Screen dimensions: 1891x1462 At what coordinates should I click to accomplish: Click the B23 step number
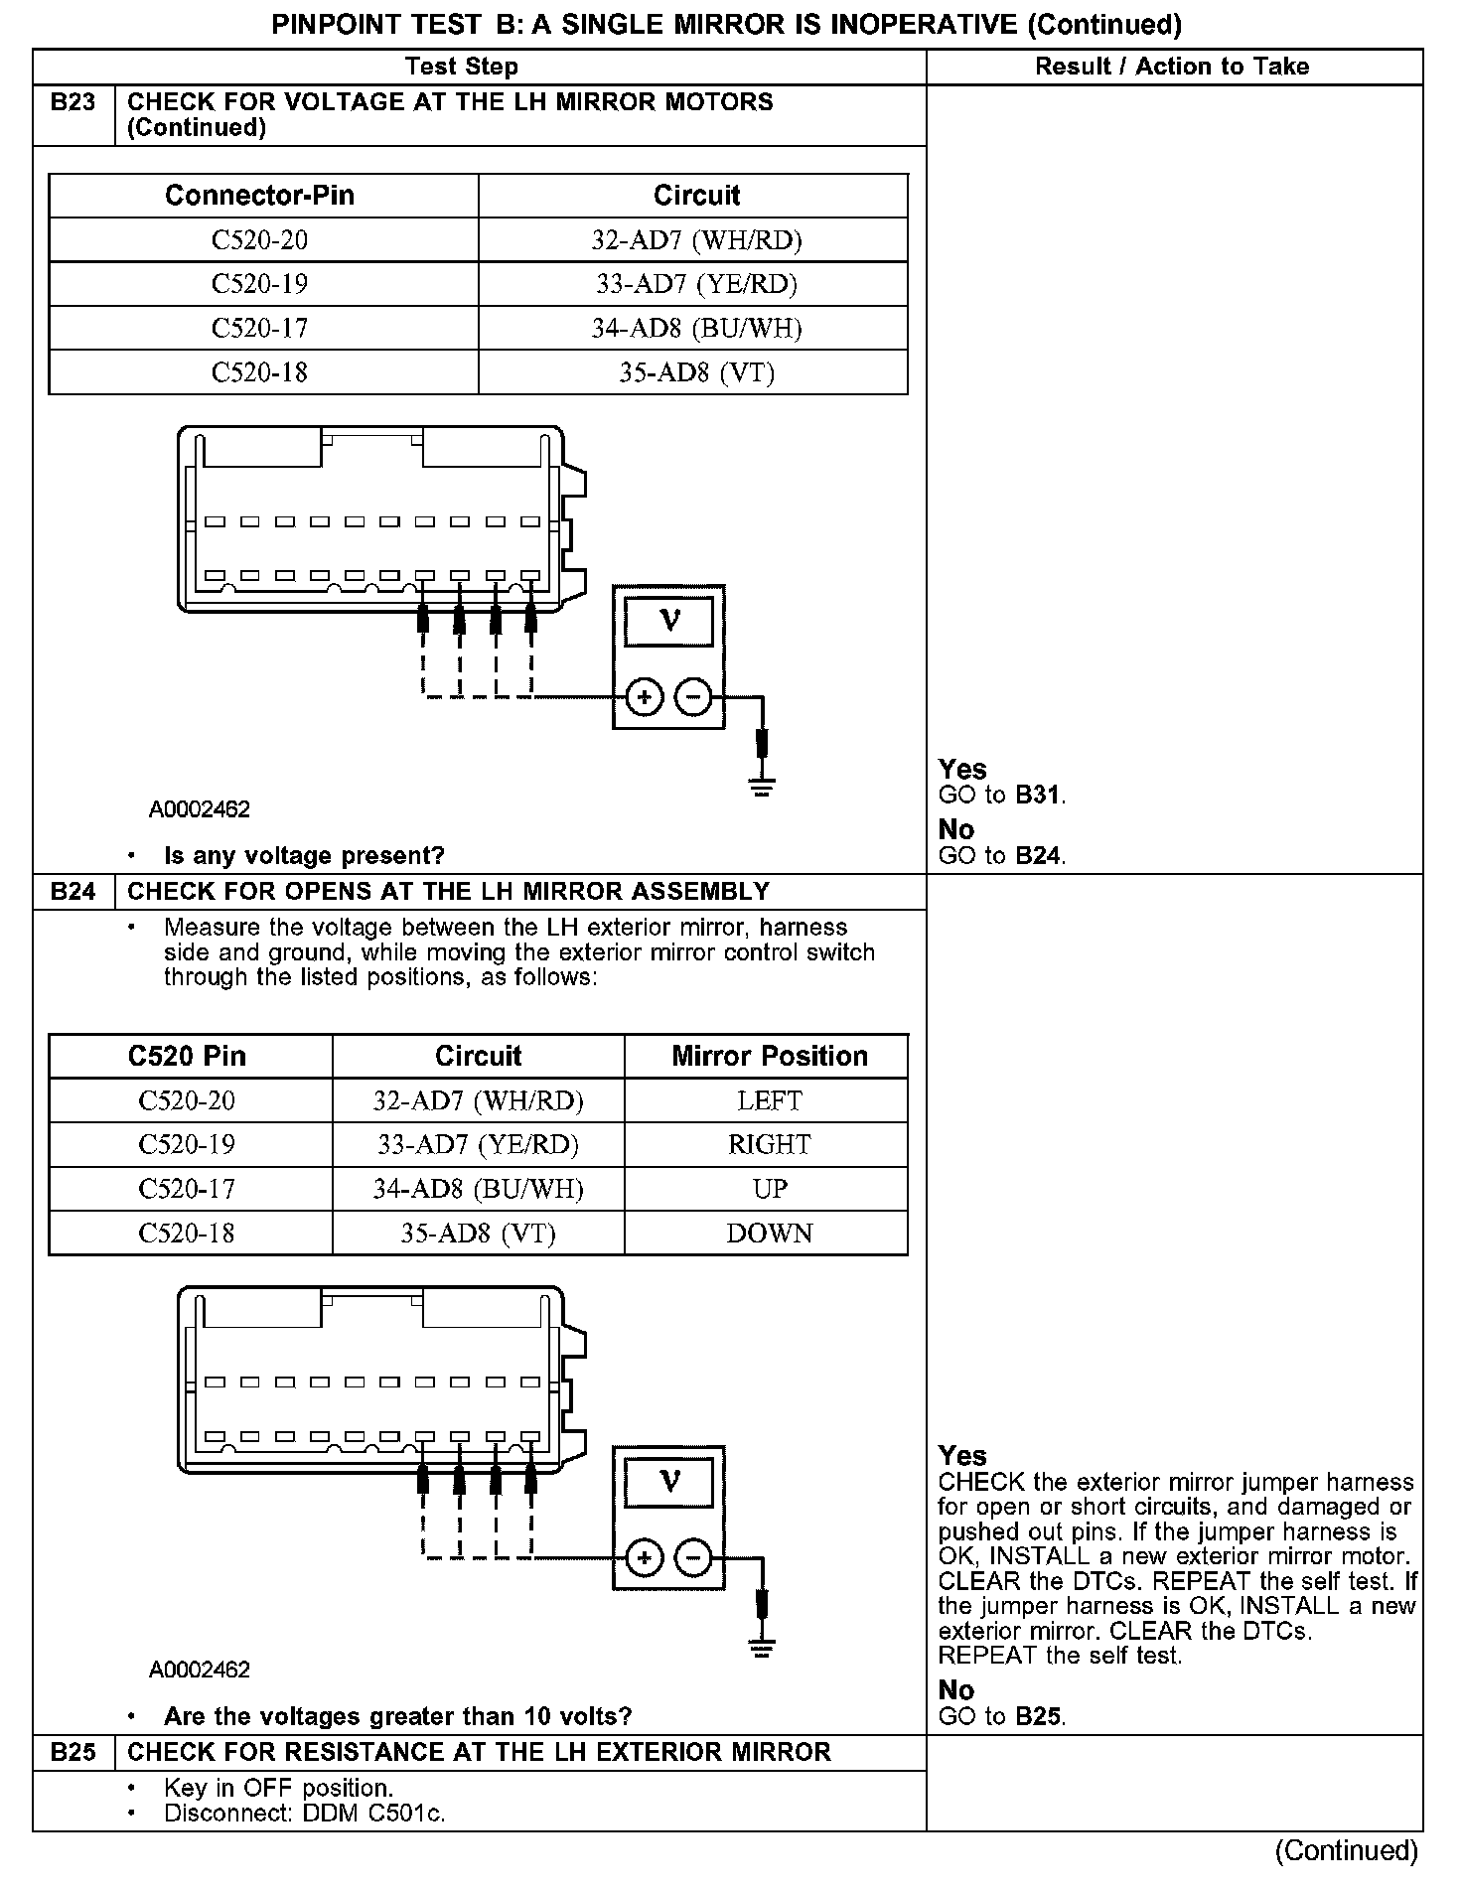(73, 102)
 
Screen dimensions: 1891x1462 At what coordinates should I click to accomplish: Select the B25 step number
(73, 1752)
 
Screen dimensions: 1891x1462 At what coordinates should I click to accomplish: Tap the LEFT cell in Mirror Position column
(769, 1100)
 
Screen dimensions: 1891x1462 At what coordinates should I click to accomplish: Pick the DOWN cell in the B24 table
(769, 1233)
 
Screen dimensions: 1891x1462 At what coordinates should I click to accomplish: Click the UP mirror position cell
(769, 1189)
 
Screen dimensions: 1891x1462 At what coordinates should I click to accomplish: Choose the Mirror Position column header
(769, 1056)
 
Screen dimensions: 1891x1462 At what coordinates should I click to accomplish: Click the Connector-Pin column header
(259, 195)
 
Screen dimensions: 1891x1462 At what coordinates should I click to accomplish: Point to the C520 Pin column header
(187, 1056)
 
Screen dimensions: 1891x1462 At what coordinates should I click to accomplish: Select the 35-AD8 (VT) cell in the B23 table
(696, 372)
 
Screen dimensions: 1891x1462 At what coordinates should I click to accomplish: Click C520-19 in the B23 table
(259, 284)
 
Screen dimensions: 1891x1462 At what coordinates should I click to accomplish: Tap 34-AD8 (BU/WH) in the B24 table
(478, 1189)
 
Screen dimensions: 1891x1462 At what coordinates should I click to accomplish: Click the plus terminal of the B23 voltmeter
(645, 698)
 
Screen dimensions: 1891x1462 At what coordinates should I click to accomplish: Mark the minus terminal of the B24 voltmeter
(693, 1558)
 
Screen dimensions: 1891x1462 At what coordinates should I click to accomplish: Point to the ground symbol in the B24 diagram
(762, 1650)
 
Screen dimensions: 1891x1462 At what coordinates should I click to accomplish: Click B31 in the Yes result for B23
(1038, 796)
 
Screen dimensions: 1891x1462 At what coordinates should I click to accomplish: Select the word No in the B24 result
(955, 1690)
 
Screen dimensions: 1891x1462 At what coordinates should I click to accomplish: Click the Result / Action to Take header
(1172, 67)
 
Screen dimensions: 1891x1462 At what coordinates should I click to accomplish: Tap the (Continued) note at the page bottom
(1347, 1850)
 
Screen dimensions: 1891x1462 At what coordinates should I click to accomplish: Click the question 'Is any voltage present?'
(304, 855)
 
